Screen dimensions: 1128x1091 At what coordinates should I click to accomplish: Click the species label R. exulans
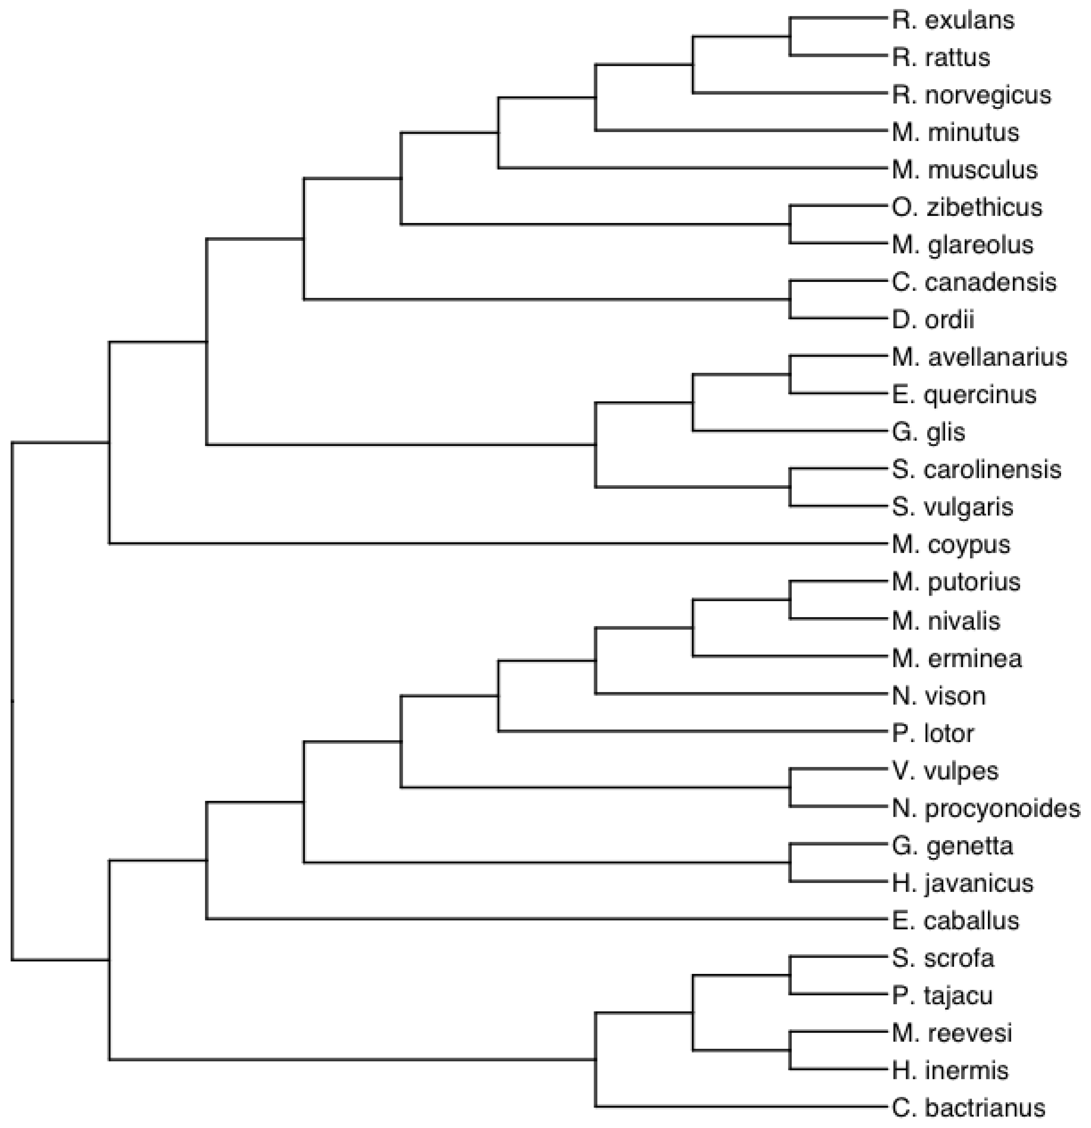[x=953, y=21]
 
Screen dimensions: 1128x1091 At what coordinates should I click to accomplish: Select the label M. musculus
[x=965, y=170]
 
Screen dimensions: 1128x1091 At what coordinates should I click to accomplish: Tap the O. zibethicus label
[x=967, y=208]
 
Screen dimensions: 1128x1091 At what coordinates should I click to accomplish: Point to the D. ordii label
[x=933, y=320]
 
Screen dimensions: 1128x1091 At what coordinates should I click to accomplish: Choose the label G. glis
[x=928, y=432]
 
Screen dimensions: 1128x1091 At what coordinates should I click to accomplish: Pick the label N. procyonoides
[x=986, y=809]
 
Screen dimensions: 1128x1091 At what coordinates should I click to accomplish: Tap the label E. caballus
[x=955, y=921]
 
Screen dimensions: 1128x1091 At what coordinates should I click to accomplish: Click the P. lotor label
[x=933, y=734]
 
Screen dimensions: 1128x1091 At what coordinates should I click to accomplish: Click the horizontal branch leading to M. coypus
[x=495, y=543]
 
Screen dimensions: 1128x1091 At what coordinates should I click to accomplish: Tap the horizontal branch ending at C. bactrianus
[x=742, y=1106]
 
